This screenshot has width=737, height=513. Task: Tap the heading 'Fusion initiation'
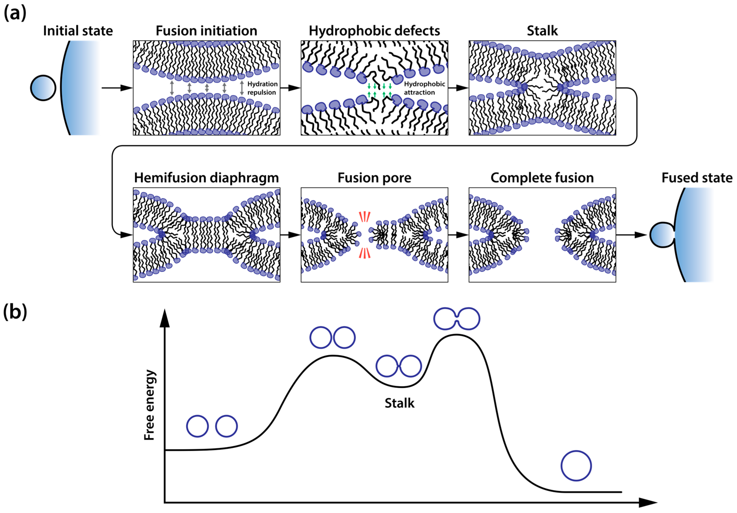[206, 31]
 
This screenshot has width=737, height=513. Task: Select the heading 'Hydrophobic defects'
[374, 31]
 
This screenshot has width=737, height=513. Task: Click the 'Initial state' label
[78, 31]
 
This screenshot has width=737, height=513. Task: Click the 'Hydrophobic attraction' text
[424, 88]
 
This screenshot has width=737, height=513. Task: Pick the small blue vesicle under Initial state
[43, 88]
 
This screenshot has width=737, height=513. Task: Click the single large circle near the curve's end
[576, 466]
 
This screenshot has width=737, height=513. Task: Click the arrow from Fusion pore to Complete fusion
[458, 235]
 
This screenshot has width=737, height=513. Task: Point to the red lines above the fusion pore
[365, 217]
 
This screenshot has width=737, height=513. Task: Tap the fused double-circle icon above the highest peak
[457, 318]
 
